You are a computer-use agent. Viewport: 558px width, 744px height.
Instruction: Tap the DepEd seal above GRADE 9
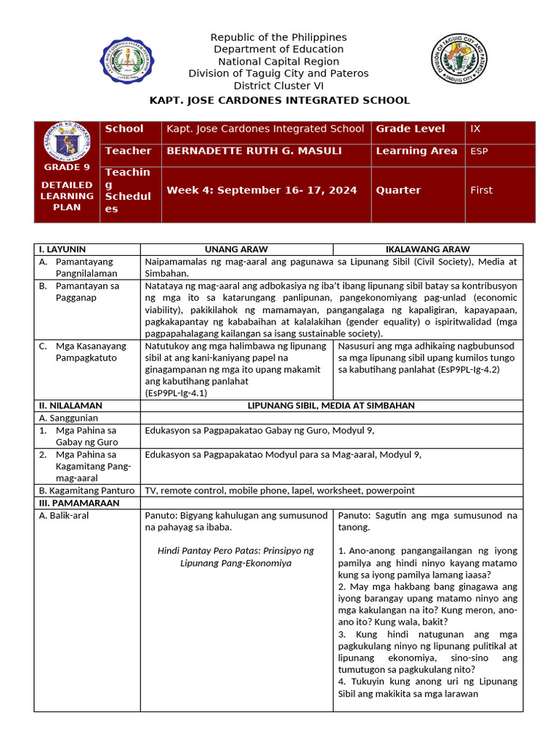tap(67, 145)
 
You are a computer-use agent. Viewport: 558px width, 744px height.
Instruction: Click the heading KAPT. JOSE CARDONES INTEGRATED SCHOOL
tap(279, 100)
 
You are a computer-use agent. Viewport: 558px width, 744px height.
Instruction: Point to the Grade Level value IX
tap(476, 129)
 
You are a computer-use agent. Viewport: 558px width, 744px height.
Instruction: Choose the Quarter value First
tap(481, 190)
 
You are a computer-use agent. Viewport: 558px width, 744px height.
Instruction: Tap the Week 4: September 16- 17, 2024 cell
tap(262, 190)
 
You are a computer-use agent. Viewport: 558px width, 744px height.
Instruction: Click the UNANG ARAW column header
tap(236, 249)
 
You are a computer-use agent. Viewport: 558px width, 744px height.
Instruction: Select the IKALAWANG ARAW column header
tap(427, 249)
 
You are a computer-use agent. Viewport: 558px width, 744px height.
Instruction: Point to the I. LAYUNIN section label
tap(61, 249)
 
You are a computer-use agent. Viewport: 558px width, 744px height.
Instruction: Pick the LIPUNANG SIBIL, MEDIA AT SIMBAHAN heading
tap(331, 405)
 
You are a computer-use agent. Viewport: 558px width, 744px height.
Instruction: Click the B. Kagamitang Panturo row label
tap(86, 490)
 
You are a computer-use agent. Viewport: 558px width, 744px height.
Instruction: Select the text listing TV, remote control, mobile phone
tap(280, 490)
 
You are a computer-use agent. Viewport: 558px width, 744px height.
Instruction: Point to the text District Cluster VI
tap(278, 85)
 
